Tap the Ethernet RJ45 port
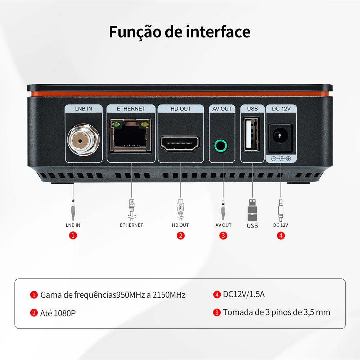coord(131,136)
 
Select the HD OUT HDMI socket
coord(180,143)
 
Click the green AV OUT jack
coord(221,146)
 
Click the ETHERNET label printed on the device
coord(131,108)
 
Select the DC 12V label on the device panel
coord(281,108)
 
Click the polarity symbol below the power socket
coord(281,158)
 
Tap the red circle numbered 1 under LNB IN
coord(73,235)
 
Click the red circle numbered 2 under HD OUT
coord(181,235)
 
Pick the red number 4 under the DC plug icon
coord(281,235)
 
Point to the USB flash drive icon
coord(252,210)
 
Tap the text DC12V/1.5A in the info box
coord(244,294)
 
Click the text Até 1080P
coord(58,313)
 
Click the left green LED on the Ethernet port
coord(116,125)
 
